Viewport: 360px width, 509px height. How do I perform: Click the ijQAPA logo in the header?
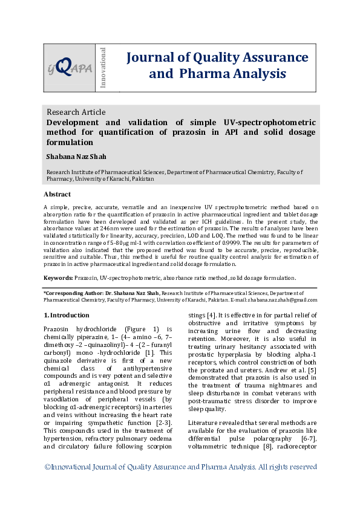70,67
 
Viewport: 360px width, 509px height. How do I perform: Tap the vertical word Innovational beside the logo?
103,66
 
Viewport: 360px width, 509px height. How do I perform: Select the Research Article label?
76,112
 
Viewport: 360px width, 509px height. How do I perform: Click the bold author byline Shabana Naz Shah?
76,157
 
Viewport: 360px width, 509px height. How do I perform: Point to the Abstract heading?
57,194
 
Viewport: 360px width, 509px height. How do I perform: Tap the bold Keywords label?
58,277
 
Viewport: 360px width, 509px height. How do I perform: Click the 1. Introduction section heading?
67,315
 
